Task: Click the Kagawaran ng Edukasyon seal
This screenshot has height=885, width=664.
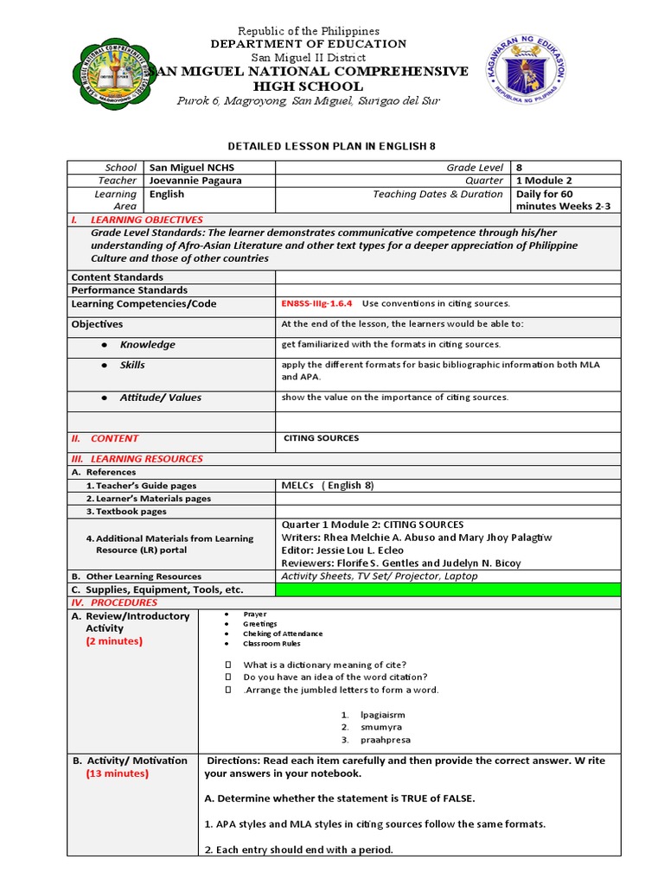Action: [526, 69]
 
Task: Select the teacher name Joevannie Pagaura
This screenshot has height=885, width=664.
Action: [195, 181]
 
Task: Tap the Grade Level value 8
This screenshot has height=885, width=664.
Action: [520, 168]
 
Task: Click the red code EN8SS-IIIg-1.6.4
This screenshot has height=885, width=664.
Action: [316, 304]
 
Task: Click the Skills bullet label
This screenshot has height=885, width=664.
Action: [132, 365]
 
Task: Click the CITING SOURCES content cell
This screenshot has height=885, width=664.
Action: [321, 438]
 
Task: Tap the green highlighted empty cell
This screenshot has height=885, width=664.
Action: [447, 589]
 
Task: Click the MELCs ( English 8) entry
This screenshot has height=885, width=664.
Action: [328, 486]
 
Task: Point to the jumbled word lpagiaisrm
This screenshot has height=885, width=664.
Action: [383, 715]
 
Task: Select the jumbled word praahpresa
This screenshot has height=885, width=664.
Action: [386, 740]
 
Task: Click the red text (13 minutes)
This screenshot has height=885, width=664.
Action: [117, 774]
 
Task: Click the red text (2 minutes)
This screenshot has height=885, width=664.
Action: [114, 641]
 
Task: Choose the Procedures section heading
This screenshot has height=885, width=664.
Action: [115, 602]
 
